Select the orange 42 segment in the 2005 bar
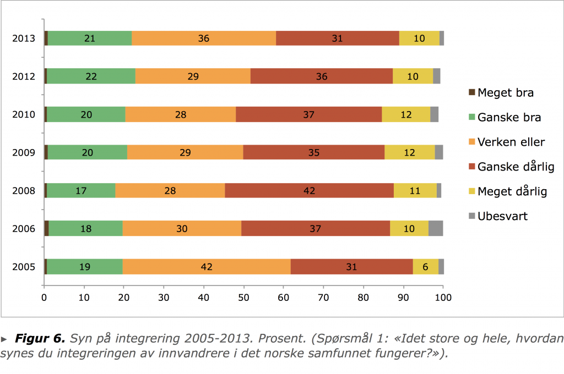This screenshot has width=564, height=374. pyautogui.click(x=207, y=267)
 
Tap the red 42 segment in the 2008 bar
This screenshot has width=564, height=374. pyautogui.click(x=309, y=191)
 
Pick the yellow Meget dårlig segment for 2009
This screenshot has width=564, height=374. pyautogui.click(x=409, y=153)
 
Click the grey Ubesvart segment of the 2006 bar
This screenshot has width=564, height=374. pyautogui.click(x=436, y=229)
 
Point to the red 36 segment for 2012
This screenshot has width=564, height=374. pyautogui.click(x=322, y=76)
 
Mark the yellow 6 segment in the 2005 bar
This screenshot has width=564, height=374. pyautogui.click(x=426, y=267)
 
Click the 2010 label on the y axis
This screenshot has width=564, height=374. pyautogui.click(x=24, y=115)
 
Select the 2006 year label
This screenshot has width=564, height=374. pyautogui.click(x=24, y=229)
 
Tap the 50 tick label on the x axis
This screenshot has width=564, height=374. pyautogui.click(x=243, y=298)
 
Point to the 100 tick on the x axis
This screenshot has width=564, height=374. pyautogui.click(x=443, y=298)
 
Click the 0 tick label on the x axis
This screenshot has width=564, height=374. pyautogui.click(x=44, y=298)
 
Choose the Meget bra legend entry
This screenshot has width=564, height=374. pyautogui.click(x=505, y=92)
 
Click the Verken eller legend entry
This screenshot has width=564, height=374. pyautogui.click(x=511, y=142)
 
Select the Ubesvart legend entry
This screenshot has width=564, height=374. pyautogui.click(x=502, y=216)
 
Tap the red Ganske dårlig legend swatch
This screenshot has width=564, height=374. pyautogui.click(x=471, y=167)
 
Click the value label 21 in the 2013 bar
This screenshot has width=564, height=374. pyautogui.click(x=90, y=38)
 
